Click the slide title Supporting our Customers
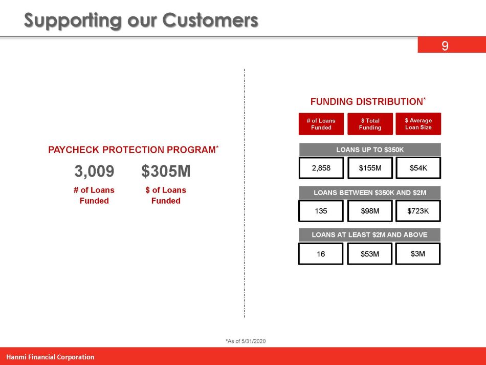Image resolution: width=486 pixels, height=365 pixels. pyautogui.click(x=141, y=20)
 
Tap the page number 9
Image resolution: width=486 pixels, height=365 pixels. pyautogui.click(x=445, y=46)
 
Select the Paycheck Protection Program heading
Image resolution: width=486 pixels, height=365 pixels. pyautogui.click(x=133, y=150)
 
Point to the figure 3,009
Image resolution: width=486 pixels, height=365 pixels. pyautogui.click(x=95, y=171)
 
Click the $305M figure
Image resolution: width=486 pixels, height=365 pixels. pyautogui.click(x=166, y=171)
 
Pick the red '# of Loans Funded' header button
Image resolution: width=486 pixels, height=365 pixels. pyautogui.click(x=321, y=124)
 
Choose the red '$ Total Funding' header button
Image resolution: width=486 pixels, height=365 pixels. pyautogui.click(x=370, y=124)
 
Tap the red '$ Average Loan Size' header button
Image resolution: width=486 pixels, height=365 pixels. pyautogui.click(x=418, y=124)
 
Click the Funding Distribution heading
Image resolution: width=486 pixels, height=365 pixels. pyautogui.click(x=368, y=101)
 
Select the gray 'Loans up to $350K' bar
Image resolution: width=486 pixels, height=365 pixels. pyautogui.click(x=369, y=149)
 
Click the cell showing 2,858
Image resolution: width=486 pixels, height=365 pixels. pyautogui.click(x=321, y=167)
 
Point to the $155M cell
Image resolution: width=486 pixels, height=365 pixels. pyautogui.click(x=369, y=167)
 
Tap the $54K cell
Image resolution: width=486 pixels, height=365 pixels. pyautogui.click(x=418, y=167)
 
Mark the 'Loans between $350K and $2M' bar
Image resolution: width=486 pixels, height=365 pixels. pyautogui.click(x=369, y=192)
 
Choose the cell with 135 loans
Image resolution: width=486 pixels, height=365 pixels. pyautogui.click(x=321, y=210)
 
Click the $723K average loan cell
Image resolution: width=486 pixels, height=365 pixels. pyautogui.click(x=418, y=210)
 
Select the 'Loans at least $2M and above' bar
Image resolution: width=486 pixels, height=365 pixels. pyautogui.click(x=369, y=235)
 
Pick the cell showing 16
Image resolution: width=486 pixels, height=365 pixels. pyautogui.click(x=321, y=253)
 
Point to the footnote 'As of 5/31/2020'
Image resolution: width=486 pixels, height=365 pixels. pyautogui.click(x=246, y=341)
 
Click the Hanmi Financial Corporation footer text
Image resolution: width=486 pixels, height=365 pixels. pyautogui.click(x=50, y=357)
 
